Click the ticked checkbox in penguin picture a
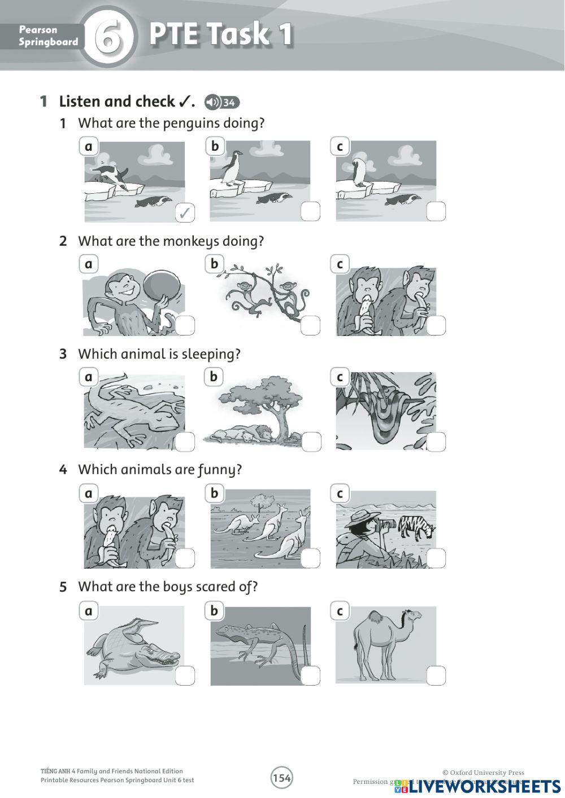click(x=185, y=212)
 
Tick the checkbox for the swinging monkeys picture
click(x=310, y=325)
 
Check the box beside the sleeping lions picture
click(x=311, y=442)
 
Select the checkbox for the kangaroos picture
click(x=310, y=558)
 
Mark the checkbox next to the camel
click(x=436, y=675)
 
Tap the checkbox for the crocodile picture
click(x=185, y=675)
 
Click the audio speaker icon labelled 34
click(x=221, y=102)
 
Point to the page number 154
click(x=281, y=778)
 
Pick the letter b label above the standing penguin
click(x=215, y=146)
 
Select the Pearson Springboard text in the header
click(x=48, y=36)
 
